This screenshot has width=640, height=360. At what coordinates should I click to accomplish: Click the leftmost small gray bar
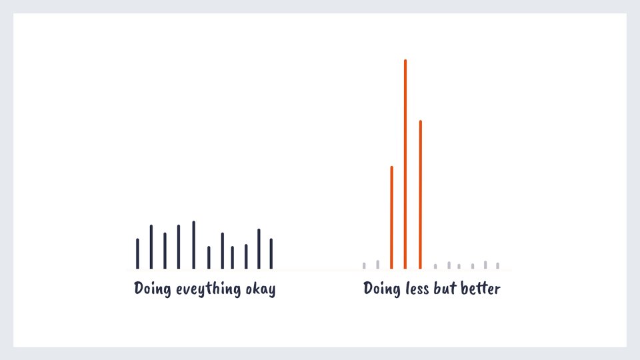pos(364,265)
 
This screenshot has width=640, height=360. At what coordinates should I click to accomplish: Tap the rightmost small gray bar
pos(497,265)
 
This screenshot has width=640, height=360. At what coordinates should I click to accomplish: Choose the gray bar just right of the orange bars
pos(435,266)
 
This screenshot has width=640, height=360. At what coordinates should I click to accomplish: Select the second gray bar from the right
pos(485,265)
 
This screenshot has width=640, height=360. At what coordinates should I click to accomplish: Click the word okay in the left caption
pos(259,290)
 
